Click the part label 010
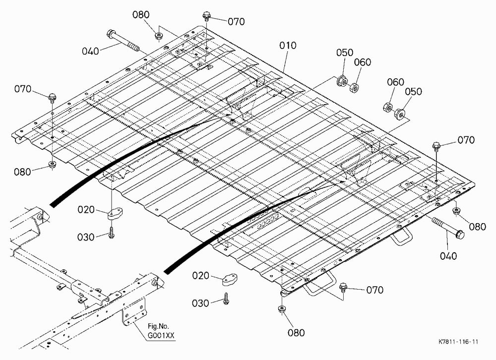point(288,46)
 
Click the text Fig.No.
point(159,326)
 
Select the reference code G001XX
point(161,336)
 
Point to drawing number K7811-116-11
point(458,342)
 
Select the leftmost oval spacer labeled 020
point(115,214)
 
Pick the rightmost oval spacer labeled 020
point(230,280)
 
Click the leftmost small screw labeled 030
point(111,233)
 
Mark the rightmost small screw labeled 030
point(226,299)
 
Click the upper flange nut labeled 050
point(342,81)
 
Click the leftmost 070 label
point(23,89)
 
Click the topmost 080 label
point(141,15)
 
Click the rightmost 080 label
point(477,227)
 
